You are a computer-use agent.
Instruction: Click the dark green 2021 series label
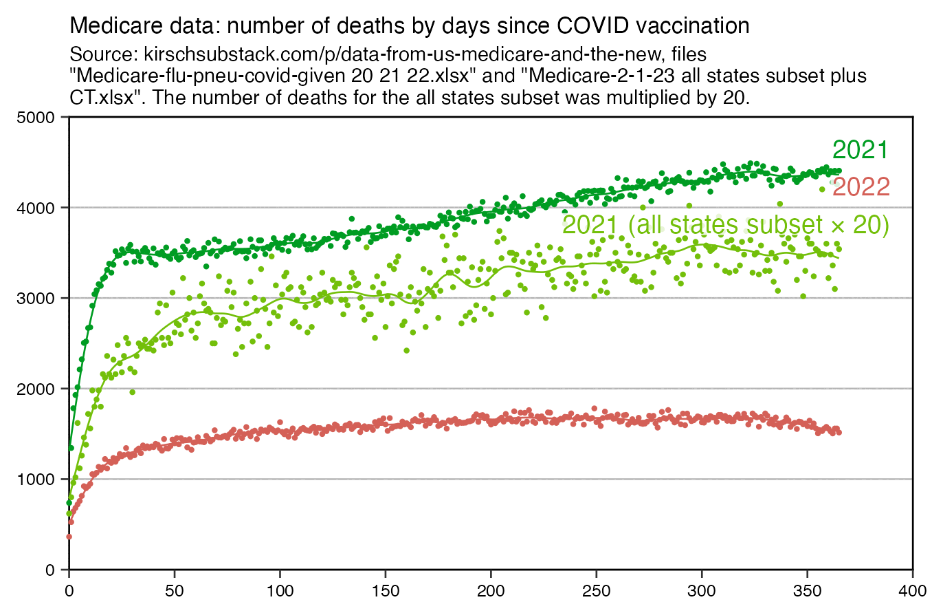pyautogui.click(x=861, y=150)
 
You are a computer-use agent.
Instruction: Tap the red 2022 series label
pyautogui.click(x=861, y=186)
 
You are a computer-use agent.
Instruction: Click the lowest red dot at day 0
pyautogui.click(x=69, y=537)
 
